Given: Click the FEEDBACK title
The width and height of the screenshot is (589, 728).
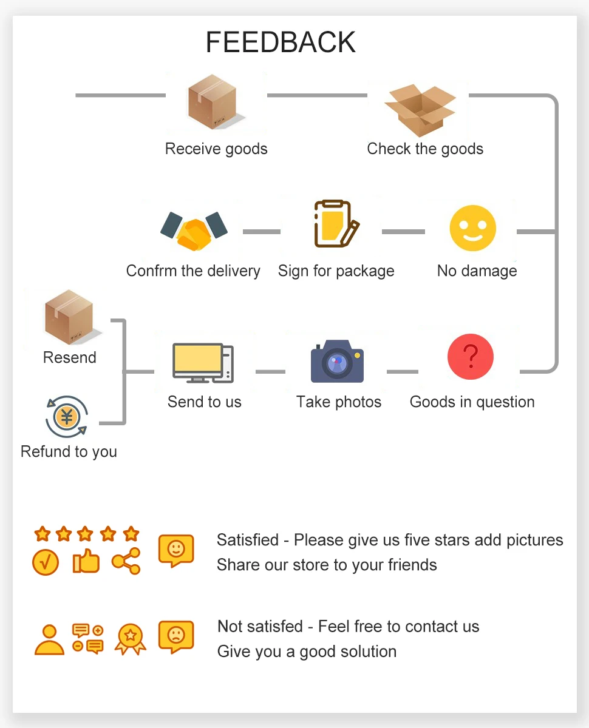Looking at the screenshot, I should coord(281,42).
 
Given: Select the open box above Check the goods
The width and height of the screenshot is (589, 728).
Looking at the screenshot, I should coord(420,109).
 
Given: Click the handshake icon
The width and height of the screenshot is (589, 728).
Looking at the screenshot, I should coord(194,231).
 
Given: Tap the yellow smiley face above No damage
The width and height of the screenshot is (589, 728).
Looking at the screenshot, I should coord(472,229).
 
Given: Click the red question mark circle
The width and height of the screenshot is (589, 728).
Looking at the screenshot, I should coord(470,357).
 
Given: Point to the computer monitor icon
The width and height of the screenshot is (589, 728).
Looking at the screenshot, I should coord(203,363).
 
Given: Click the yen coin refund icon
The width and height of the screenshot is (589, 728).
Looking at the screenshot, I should coord(67,416).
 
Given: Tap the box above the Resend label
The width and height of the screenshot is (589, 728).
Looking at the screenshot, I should coord(69,317).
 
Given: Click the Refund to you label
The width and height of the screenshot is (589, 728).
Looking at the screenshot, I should coord(69,451).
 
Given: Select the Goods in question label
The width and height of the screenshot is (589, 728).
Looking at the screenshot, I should coord(472,402).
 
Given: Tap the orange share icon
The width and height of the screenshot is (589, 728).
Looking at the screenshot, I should coord(126,561).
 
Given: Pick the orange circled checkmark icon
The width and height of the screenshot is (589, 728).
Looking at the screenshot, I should coord(46,562).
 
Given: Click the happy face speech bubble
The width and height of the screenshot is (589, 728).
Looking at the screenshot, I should coord(175,550).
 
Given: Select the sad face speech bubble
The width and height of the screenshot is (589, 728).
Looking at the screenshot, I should coord(175,636).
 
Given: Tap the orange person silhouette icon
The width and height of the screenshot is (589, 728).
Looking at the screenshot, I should coord(49,639).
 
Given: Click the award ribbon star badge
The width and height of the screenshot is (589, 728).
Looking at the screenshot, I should coord(130,638).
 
